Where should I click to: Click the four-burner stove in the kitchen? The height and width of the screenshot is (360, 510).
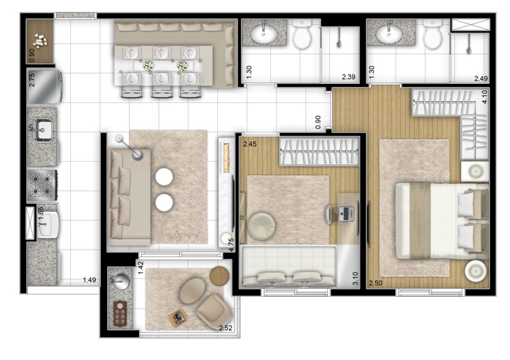(42, 185)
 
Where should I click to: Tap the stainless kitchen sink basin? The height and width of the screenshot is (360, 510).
(43, 131)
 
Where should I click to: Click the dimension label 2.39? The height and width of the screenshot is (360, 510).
(348, 77)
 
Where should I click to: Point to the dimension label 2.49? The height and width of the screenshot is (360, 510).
(481, 78)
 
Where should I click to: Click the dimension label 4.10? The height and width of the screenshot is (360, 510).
(484, 97)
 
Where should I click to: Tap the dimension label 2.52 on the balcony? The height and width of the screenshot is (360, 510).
(226, 328)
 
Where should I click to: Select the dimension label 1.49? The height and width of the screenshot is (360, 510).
(89, 280)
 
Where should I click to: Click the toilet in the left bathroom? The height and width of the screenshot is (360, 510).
(302, 34)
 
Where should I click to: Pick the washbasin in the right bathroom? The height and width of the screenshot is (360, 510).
(390, 32)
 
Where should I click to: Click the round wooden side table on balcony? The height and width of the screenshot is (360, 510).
(219, 276)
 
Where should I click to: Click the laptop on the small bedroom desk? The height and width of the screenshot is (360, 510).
(346, 214)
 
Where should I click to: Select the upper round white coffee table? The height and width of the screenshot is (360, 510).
(164, 177)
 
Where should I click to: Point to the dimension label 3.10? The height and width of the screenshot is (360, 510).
(356, 278)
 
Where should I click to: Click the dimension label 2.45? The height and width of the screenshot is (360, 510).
(249, 144)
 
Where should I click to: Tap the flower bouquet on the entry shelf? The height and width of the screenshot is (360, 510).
(40, 41)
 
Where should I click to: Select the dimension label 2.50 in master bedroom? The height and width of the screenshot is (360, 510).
(375, 283)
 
